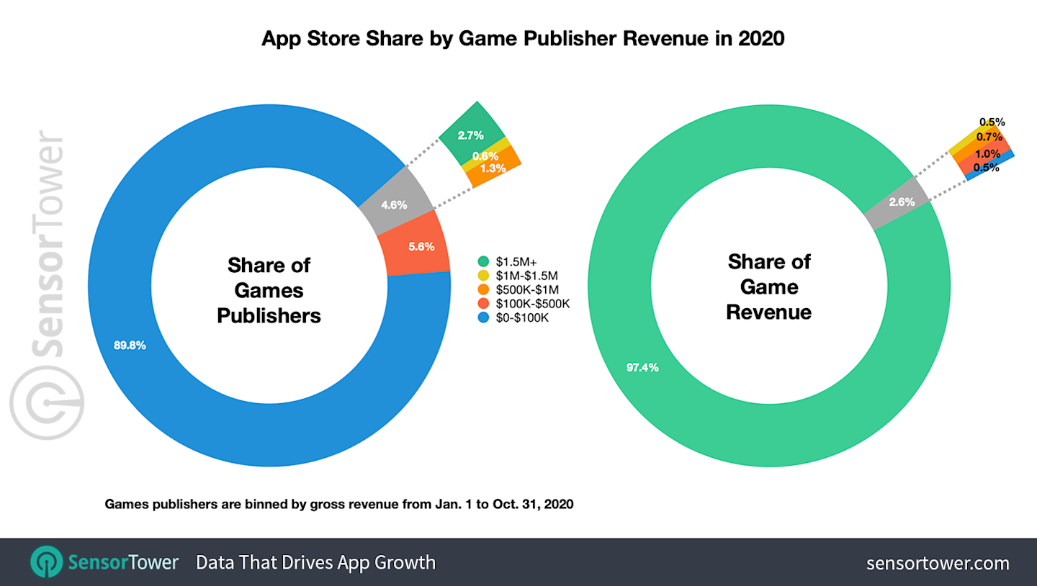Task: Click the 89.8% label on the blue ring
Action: tap(130, 345)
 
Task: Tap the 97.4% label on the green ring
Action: tap(642, 368)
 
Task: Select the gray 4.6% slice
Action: tap(395, 204)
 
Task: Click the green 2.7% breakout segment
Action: tap(470, 135)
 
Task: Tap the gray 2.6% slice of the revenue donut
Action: tap(901, 202)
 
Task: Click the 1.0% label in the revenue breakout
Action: tap(987, 153)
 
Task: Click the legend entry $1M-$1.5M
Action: tap(526, 275)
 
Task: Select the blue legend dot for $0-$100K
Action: tap(482, 317)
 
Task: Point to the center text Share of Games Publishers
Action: tap(269, 290)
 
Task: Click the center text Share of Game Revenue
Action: tap(768, 287)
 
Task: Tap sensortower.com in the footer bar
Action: tap(937, 562)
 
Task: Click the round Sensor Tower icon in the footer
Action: tap(45, 562)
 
